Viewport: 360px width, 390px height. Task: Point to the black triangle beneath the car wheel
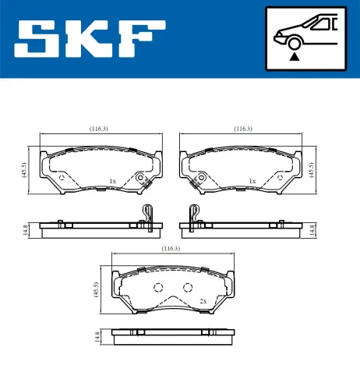[294, 56]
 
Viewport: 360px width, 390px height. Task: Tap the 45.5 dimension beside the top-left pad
[23, 171]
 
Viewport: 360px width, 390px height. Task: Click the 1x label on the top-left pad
[112, 181]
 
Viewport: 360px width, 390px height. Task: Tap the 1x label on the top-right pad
[252, 181]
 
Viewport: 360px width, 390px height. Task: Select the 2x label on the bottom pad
[203, 301]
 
